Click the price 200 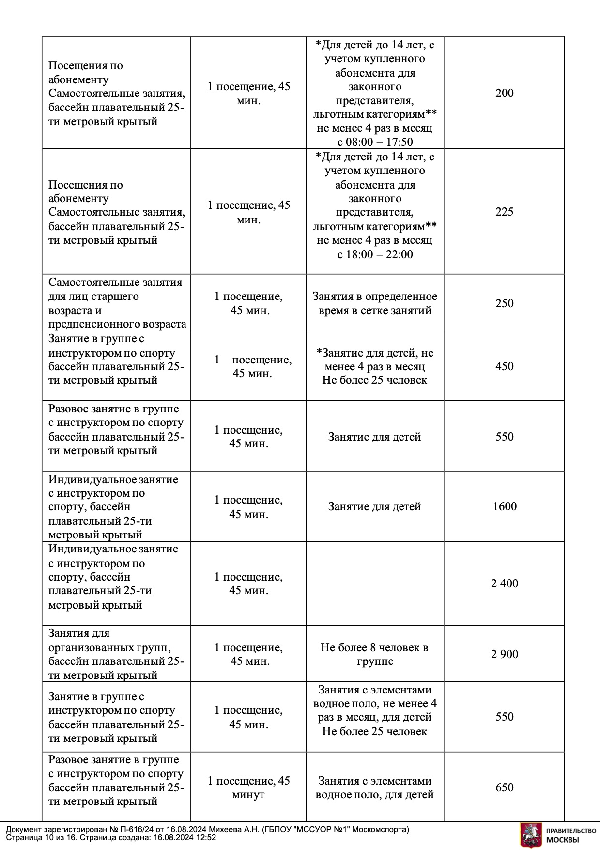tap(504, 93)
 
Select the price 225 tap(504, 212)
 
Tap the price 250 tap(504, 303)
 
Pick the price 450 tap(504, 366)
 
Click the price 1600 tap(505, 506)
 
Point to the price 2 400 tap(504, 583)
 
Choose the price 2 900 tap(504, 654)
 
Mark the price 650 tap(504, 787)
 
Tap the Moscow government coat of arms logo tap(531, 834)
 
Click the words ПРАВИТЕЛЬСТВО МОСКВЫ tap(571, 834)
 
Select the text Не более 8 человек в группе tap(374, 654)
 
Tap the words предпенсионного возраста tap(117, 324)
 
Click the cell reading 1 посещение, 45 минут tap(248, 787)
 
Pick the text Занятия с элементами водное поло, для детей tap(374, 787)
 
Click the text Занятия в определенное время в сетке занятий tap(374, 303)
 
